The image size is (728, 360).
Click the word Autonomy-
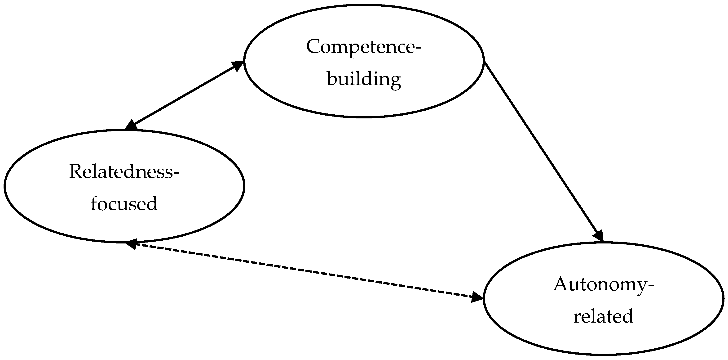(604, 284)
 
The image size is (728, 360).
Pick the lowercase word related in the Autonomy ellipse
(603, 316)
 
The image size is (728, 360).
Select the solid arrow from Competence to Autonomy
(543, 150)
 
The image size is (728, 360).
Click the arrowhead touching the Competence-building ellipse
(237, 66)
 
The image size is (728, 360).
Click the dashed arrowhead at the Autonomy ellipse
(477, 297)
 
